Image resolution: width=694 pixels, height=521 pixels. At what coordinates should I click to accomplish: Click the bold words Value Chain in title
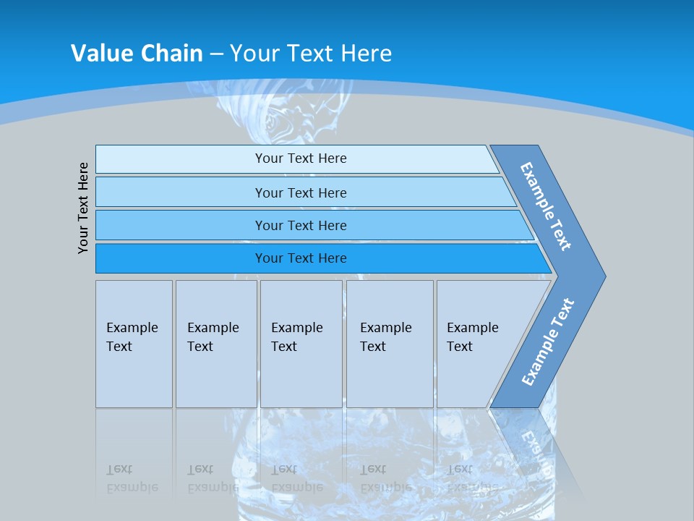pos(137,53)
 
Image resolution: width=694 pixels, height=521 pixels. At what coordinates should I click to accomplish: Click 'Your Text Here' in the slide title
pos(311,53)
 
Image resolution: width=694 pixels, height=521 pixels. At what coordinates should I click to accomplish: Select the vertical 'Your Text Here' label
pos(84,208)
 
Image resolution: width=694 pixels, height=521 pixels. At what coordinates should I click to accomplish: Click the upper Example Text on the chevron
pos(547,206)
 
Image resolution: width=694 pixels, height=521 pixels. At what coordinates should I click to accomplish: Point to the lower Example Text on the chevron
pos(547,342)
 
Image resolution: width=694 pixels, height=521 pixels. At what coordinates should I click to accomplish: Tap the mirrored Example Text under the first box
pos(132,478)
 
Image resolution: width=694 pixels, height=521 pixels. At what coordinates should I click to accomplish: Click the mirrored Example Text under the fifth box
pos(472,478)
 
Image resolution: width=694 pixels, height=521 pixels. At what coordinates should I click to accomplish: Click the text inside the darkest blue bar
pos(301,258)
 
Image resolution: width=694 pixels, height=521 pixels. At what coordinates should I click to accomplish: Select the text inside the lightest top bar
pos(301,158)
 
